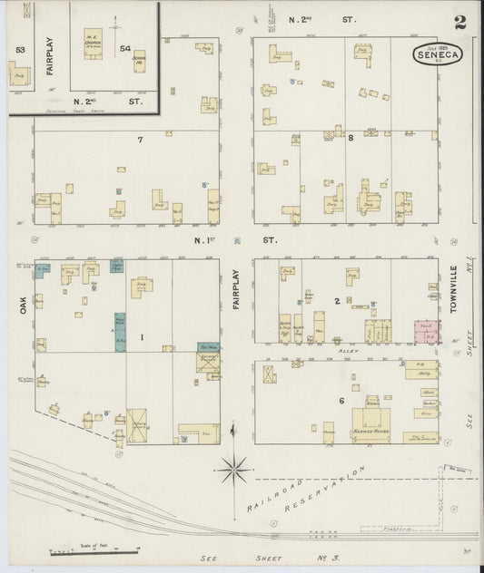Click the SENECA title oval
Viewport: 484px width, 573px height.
coord(437,54)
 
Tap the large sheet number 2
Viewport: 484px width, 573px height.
coord(460,23)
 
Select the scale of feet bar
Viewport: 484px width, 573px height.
coord(94,550)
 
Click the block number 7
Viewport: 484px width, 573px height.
coord(140,140)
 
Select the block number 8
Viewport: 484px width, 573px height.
coord(351,138)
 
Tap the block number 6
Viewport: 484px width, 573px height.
coord(341,401)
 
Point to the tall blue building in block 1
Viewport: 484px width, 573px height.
coord(120,331)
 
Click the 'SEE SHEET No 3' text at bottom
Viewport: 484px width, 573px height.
coord(242,559)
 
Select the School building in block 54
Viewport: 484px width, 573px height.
coord(139,62)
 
